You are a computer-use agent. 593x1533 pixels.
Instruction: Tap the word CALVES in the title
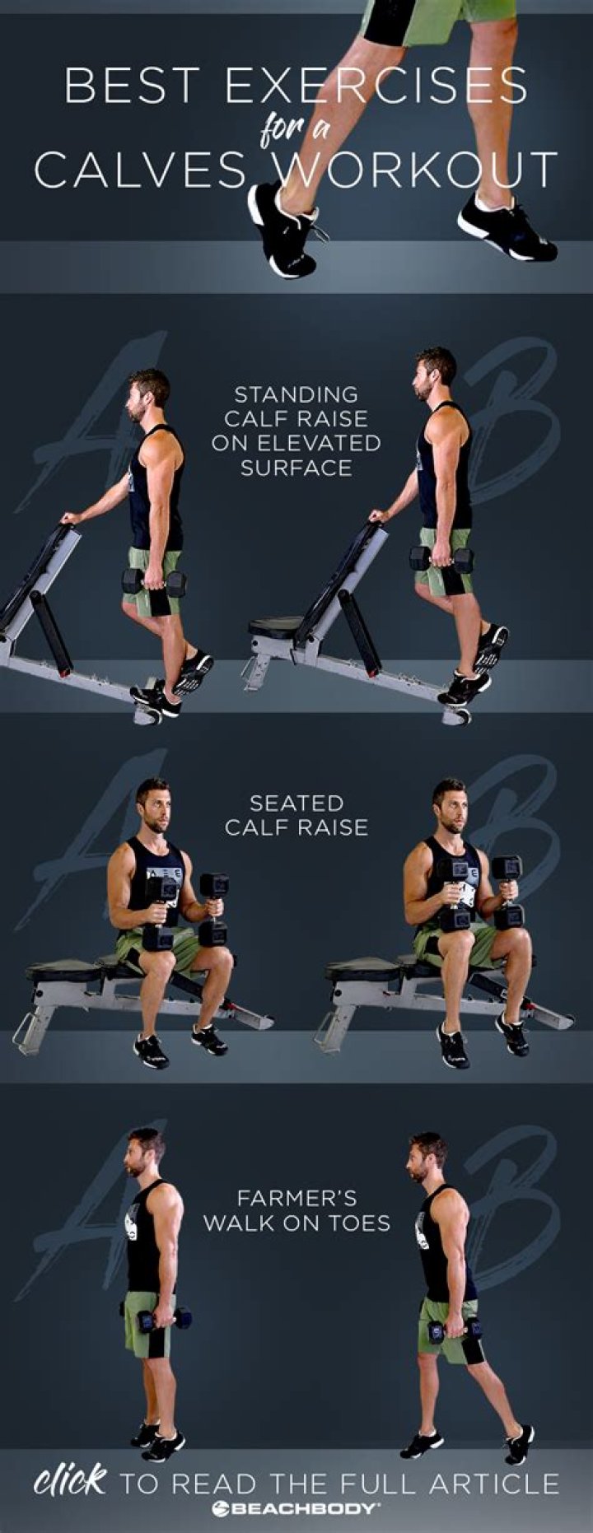[140, 170]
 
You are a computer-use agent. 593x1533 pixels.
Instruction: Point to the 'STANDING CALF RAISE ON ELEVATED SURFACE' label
[296, 431]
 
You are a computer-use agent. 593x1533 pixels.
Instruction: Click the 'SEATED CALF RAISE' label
[296, 814]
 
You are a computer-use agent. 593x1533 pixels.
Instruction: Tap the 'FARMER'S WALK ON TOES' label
[296, 1209]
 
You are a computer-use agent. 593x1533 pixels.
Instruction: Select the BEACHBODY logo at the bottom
[296, 1508]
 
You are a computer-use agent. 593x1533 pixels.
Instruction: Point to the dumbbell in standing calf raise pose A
[154, 582]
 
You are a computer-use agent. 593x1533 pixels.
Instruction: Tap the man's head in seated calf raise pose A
[153, 803]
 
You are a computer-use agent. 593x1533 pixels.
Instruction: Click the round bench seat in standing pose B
[277, 627]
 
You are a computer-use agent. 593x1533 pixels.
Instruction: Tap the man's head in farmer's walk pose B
[427, 1157]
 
